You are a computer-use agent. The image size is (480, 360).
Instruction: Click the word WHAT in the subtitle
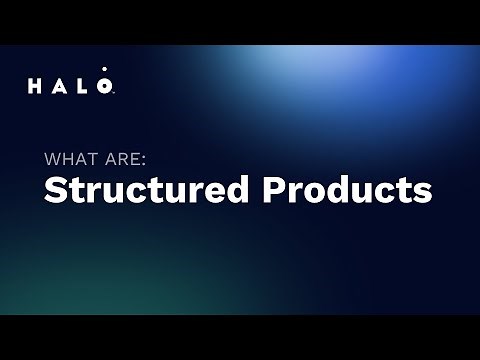[x=69, y=157]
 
